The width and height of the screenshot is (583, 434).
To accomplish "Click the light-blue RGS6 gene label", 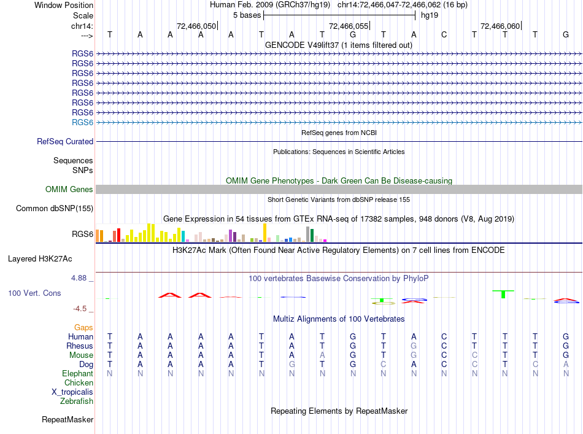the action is (82, 122).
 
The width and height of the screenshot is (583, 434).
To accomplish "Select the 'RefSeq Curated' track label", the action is (65, 141).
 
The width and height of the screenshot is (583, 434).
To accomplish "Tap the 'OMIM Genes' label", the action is (69, 189).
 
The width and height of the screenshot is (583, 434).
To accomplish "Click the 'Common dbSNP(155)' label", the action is (55, 208).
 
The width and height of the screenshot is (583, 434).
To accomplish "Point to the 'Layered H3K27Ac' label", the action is (40, 259).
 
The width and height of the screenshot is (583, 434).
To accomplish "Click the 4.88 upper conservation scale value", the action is (79, 278).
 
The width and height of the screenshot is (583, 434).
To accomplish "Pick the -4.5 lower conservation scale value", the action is (80, 308).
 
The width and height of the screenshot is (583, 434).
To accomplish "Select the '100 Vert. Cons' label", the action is (34, 293).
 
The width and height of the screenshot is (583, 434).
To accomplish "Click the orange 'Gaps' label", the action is (83, 327).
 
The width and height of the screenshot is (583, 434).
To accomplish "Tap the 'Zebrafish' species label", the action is (77, 401).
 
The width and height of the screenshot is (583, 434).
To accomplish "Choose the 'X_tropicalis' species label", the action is (72, 392).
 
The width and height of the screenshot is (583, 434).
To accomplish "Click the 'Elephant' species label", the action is (78, 373).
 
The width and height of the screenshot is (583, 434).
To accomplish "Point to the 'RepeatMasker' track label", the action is (68, 419).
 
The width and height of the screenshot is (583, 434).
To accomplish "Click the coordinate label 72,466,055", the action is (349, 26).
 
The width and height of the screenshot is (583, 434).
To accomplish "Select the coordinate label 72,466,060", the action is (500, 26).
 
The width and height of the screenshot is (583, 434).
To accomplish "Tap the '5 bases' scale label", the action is (247, 15).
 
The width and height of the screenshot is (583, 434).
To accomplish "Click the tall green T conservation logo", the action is (503, 294).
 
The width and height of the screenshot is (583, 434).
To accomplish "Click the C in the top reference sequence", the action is (444, 34).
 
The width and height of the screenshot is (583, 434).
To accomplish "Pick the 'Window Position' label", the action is (64, 5).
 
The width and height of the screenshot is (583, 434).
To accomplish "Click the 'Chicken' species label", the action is (79, 382).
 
